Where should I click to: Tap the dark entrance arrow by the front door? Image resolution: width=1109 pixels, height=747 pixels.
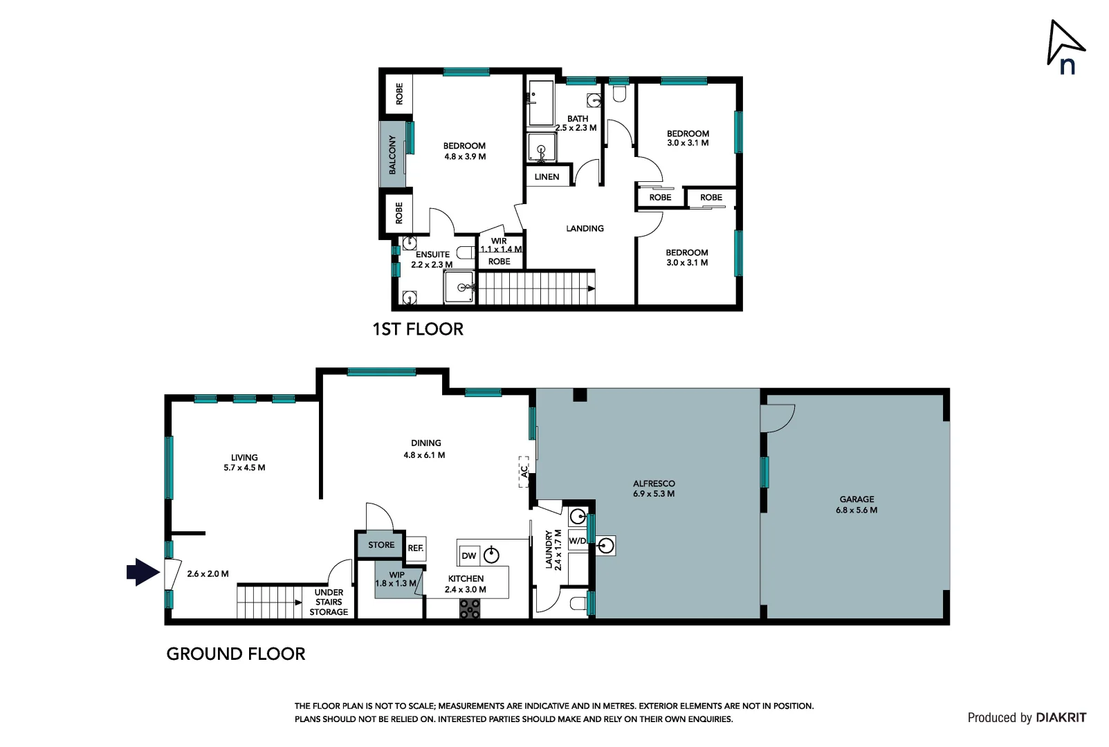tap(143, 572)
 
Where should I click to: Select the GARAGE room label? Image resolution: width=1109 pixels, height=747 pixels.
tap(856, 499)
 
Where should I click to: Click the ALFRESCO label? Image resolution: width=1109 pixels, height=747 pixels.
tap(654, 483)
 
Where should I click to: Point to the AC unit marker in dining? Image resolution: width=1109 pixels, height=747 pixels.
tap(524, 472)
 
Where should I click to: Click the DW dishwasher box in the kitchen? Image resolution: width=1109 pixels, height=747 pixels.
tap(469, 555)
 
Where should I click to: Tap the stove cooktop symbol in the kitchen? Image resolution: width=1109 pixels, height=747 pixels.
tap(470, 609)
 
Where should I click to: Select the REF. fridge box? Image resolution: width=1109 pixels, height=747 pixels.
tap(416, 548)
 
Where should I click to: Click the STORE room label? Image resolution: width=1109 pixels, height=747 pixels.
tap(381, 545)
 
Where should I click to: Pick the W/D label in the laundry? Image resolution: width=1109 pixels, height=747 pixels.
tap(577, 541)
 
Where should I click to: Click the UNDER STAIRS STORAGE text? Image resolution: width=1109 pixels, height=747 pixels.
tap(329, 602)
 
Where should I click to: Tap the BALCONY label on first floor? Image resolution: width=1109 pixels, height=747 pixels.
tap(392, 154)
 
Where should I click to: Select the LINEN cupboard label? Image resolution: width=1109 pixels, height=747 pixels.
tap(547, 177)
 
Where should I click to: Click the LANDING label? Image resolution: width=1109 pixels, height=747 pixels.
tap(585, 228)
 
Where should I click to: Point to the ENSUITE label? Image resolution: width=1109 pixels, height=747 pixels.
tap(432, 255)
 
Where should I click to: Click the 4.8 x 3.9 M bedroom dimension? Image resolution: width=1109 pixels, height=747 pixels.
tap(465, 157)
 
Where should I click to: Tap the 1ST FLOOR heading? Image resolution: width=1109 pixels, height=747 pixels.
tap(418, 329)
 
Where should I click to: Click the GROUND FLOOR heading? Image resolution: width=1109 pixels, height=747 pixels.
tap(236, 654)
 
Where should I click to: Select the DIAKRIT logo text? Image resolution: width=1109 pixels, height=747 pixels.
tap(1061, 718)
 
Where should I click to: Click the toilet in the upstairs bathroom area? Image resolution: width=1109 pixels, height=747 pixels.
tap(619, 93)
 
